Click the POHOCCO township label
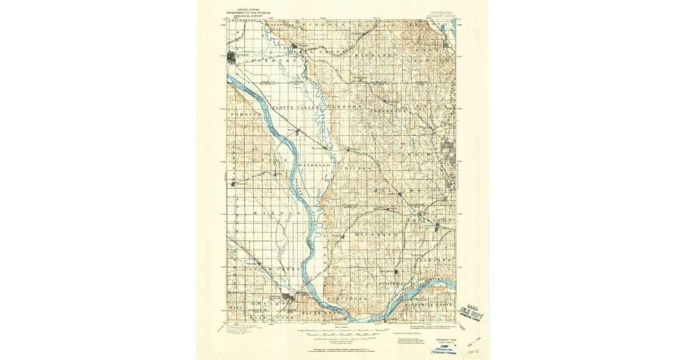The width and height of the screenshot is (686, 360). (x=246, y=114)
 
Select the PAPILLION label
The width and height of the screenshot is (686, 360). (x=430, y=219)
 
